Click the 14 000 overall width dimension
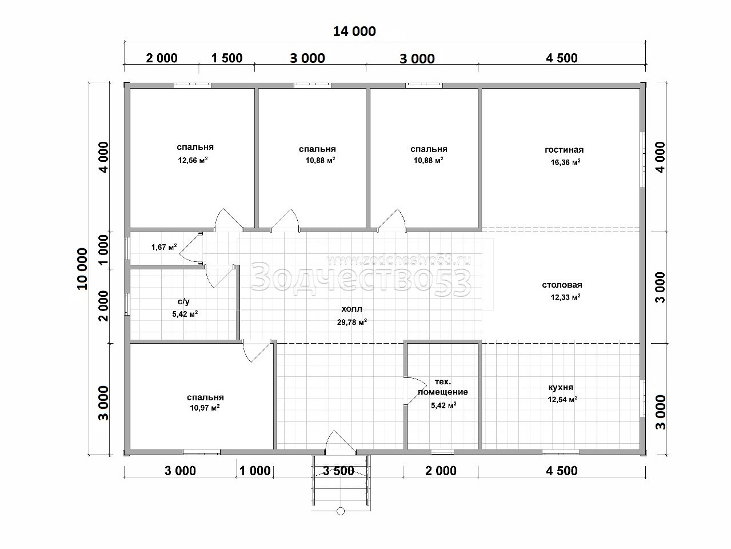pos(354,31)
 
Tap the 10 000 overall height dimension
pos(83,269)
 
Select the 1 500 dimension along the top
pos(227,58)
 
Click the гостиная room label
pos(564,150)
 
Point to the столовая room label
pos(562,285)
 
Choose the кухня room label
pos(561,387)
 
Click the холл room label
pos(351,309)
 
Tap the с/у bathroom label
pos(183,302)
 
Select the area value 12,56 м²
pos(193,161)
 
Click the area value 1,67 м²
pos(164,247)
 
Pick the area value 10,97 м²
pos(205,408)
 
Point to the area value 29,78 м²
pos(352,322)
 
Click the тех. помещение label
pos(442,387)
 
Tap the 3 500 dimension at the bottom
pos(339,471)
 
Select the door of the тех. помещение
pos(415,391)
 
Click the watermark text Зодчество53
pos(361,279)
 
